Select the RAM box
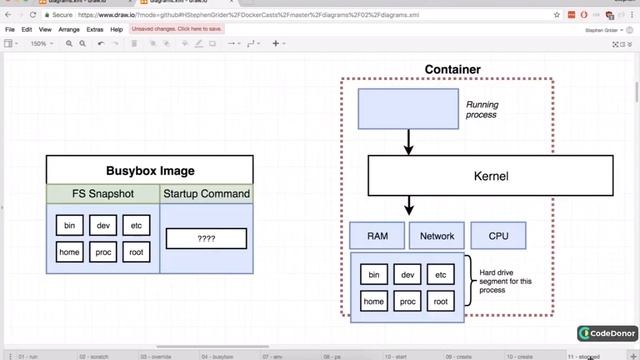[x=377, y=237]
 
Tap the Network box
[x=437, y=237]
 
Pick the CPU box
[x=498, y=237]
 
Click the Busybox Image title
[x=149, y=171]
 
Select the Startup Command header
[x=206, y=193]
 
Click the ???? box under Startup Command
[x=206, y=239]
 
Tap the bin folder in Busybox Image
[x=68, y=226]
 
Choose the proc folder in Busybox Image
[x=102, y=252]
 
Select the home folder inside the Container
[x=374, y=301]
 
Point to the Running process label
[x=482, y=109]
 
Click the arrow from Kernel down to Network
[x=408, y=207]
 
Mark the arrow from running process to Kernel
[x=408, y=142]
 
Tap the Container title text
[x=452, y=69]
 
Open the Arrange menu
[x=69, y=30]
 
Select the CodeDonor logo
[x=604, y=333]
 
